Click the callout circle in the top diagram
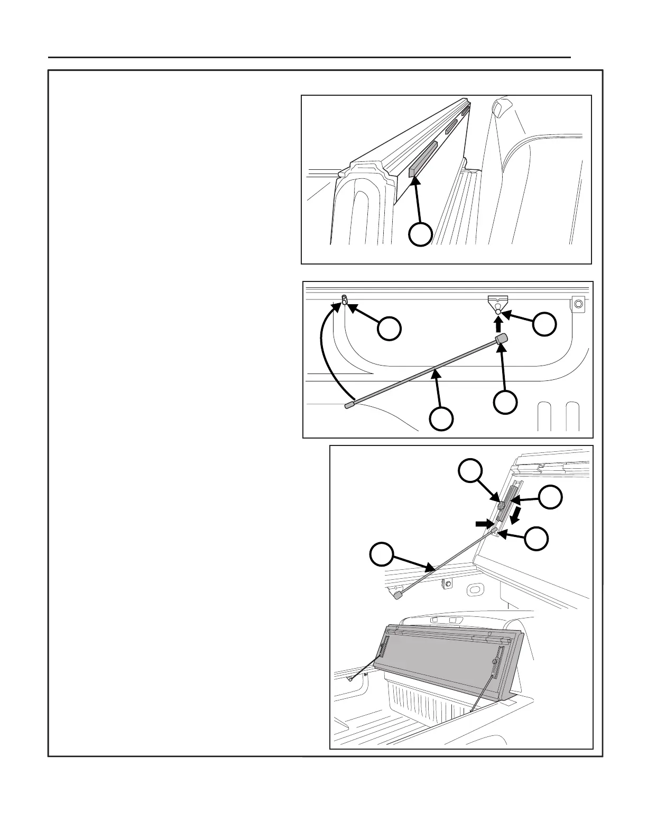[x=421, y=234]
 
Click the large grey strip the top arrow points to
[x=423, y=159]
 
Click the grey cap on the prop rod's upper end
[x=501, y=339]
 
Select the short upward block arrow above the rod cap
[x=498, y=324]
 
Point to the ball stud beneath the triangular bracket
[x=498, y=312]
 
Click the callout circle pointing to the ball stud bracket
[x=544, y=324]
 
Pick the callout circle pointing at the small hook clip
[x=389, y=329]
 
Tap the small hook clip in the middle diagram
[x=345, y=300]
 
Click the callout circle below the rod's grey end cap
[x=505, y=402]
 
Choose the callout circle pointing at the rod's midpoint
[x=441, y=418]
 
